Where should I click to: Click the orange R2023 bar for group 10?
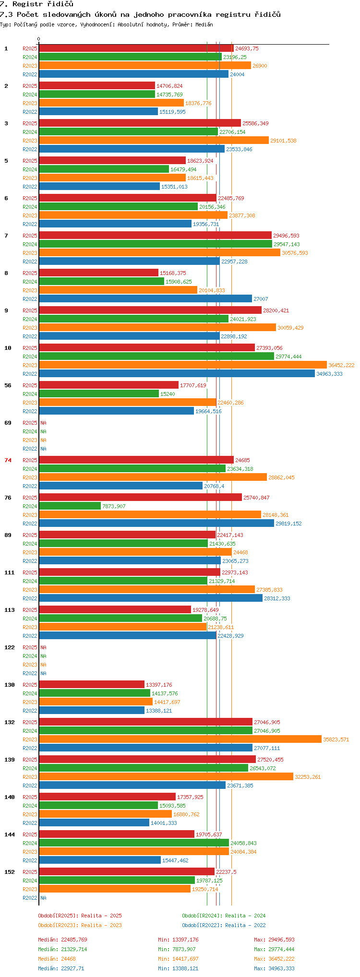click(x=183, y=365)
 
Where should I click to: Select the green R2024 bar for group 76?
click(x=70, y=506)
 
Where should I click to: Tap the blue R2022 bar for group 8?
click(x=145, y=298)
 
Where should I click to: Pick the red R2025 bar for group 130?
click(x=92, y=684)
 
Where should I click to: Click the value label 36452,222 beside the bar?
click(x=341, y=365)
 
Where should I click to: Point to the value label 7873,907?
click(x=114, y=506)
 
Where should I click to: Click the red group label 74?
click(x=8, y=460)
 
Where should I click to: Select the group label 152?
click(x=10, y=872)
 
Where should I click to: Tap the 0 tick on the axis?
click(x=39, y=39)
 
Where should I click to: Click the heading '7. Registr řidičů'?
click(x=36, y=4)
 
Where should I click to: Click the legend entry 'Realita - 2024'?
click(x=245, y=916)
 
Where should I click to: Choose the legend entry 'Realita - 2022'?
click(x=245, y=925)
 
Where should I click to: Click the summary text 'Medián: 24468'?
click(x=55, y=959)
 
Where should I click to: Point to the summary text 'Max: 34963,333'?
click(x=274, y=968)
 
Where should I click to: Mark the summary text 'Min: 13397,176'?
click(x=178, y=940)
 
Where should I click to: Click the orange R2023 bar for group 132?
click(x=180, y=739)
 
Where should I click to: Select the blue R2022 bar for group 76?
click(x=156, y=523)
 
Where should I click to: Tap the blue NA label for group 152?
click(x=43, y=898)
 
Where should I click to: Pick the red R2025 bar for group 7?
click(x=155, y=235)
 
